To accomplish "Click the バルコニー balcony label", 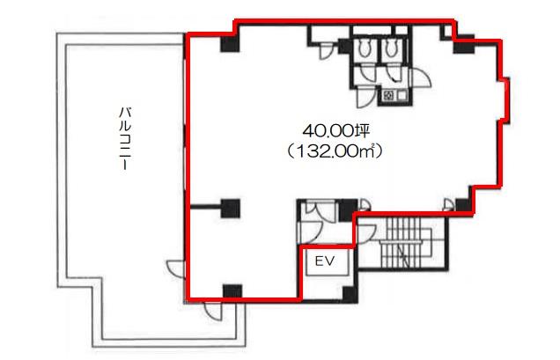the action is (x=124, y=138).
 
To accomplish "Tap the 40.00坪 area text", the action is (x=335, y=132).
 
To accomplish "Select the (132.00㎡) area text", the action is (x=335, y=151).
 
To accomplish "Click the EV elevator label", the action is (x=325, y=261).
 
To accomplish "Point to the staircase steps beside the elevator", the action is (x=402, y=243).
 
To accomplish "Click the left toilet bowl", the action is (x=365, y=48).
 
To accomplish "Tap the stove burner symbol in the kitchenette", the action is (x=388, y=95).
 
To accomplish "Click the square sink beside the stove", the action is (x=402, y=95).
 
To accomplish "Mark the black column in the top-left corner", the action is (x=230, y=44).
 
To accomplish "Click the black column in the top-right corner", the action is (x=463, y=44).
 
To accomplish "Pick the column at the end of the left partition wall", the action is (x=231, y=209).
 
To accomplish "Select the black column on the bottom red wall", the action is (x=232, y=292).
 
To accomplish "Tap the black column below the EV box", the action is (x=350, y=294).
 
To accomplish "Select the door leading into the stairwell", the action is (x=366, y=233).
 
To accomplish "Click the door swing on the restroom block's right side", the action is (x=422, y=78).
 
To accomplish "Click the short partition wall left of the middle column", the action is (x=205, y=207).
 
